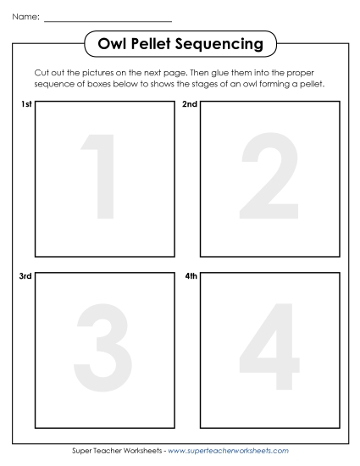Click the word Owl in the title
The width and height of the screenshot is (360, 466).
click(113, 43)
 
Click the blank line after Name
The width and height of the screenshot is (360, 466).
click(108, 19)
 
